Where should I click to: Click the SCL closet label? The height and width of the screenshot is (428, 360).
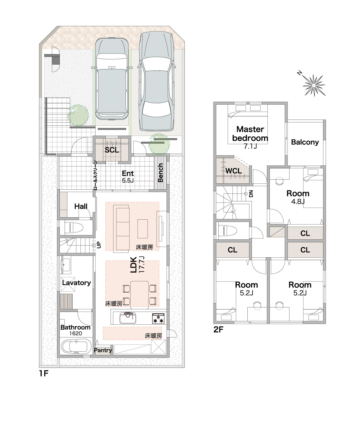point(112,150)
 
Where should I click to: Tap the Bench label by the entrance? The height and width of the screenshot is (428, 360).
point(161,173)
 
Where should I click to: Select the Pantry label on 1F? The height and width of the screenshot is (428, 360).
point(103,350)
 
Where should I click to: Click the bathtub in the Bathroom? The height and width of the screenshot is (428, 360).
point(76,347)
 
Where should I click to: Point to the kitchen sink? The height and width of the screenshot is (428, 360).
point(128,318)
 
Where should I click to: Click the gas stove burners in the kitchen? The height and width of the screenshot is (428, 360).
point(158,318)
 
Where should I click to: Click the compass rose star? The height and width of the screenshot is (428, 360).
point(314,85)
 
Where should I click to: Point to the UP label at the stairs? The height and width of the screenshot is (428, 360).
point(99,245)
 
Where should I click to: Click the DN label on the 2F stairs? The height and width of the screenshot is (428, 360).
point(251,194)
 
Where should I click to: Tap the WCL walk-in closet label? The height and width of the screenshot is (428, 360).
point(234,171)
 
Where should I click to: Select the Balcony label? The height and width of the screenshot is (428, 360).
point(305,142)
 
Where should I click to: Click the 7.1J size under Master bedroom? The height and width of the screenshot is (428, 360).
point(250,146)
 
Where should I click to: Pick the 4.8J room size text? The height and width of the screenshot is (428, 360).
point(298,202)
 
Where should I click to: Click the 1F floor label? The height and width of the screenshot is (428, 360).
point(44,373)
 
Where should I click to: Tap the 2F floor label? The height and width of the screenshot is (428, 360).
point(218,330)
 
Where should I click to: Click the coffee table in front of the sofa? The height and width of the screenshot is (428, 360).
point(142,229)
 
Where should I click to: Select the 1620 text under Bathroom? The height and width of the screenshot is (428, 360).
point(75,333)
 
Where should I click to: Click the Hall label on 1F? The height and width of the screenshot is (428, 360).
point(81,207)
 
